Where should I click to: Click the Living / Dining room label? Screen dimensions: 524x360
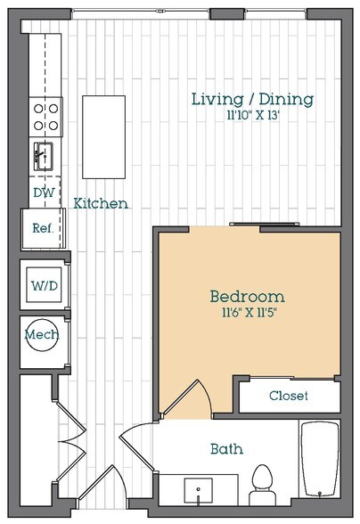[x=252, y=99]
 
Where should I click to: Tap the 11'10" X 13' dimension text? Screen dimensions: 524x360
[x=252, y=115]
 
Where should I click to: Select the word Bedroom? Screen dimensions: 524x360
[x=247, y=296]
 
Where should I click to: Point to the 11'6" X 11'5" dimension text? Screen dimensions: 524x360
[x=247, y=312]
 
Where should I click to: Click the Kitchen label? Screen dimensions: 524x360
[x=100, y=203]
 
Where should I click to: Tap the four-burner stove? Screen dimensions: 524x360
[x=46, y=114]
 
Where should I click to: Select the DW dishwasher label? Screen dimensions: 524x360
[x=43, y=192]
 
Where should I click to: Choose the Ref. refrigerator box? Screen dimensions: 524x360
[x=42, y=228]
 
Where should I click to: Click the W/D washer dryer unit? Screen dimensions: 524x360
[x=42, y=287]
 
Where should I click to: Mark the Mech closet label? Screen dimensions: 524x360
[x=41, y=338]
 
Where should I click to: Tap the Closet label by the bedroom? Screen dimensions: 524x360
[x=289, y=396]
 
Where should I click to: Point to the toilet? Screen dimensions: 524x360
[x=263, y=483]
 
